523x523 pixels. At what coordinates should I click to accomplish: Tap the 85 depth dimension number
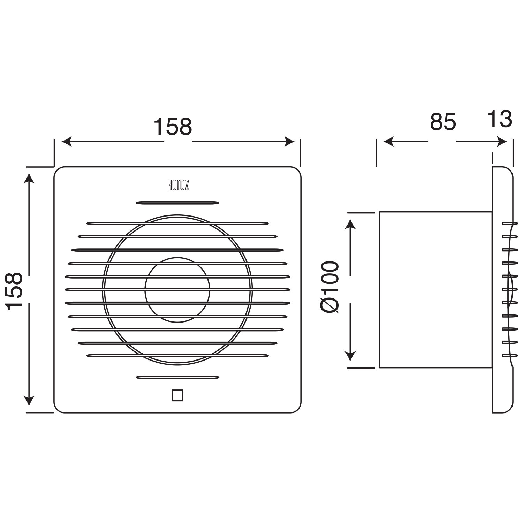[x=442, y=122]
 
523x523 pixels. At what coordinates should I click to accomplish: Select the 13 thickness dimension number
[x=500, y=119]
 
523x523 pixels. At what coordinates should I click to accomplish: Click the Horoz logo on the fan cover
[x=177, y=185]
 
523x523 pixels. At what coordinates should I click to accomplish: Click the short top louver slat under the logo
[x=177, y=203]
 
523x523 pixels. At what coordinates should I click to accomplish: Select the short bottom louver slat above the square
[x=177, y=377]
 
